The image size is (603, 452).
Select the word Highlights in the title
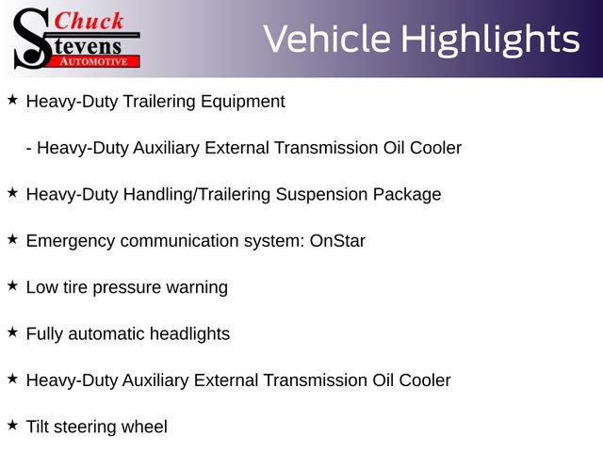(x=490, y=39)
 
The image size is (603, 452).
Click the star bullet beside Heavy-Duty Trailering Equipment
(x=12, y=99)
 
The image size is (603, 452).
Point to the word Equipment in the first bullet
(x=242, y=101)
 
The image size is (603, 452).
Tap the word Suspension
(x=318, y=194)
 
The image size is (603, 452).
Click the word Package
(x=406, y=194)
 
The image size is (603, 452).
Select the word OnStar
(x=337, y=240)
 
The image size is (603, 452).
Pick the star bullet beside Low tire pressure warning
(x=12, y=285)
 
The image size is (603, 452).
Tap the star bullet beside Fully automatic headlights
(x=12, y=331)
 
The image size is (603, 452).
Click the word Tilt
(x=39, y=427)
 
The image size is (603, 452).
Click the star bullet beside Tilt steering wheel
(x=12, y=425)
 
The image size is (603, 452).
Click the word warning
(x=195, y=287)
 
